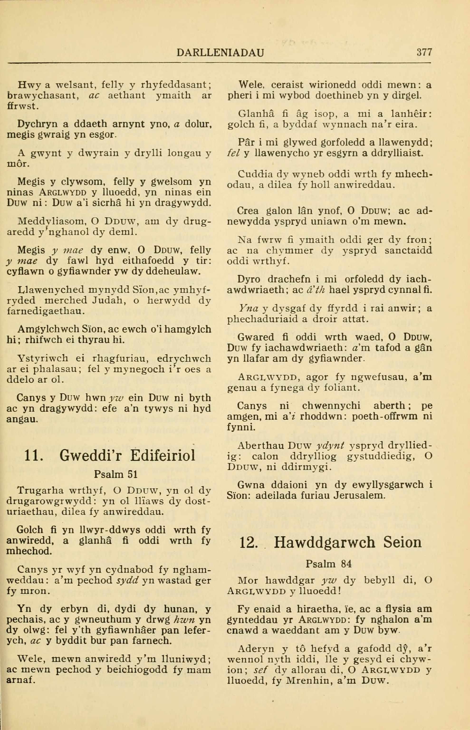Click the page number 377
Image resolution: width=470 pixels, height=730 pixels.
(x=424, y=53)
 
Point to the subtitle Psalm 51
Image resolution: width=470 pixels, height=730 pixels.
(x=116, y=474)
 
